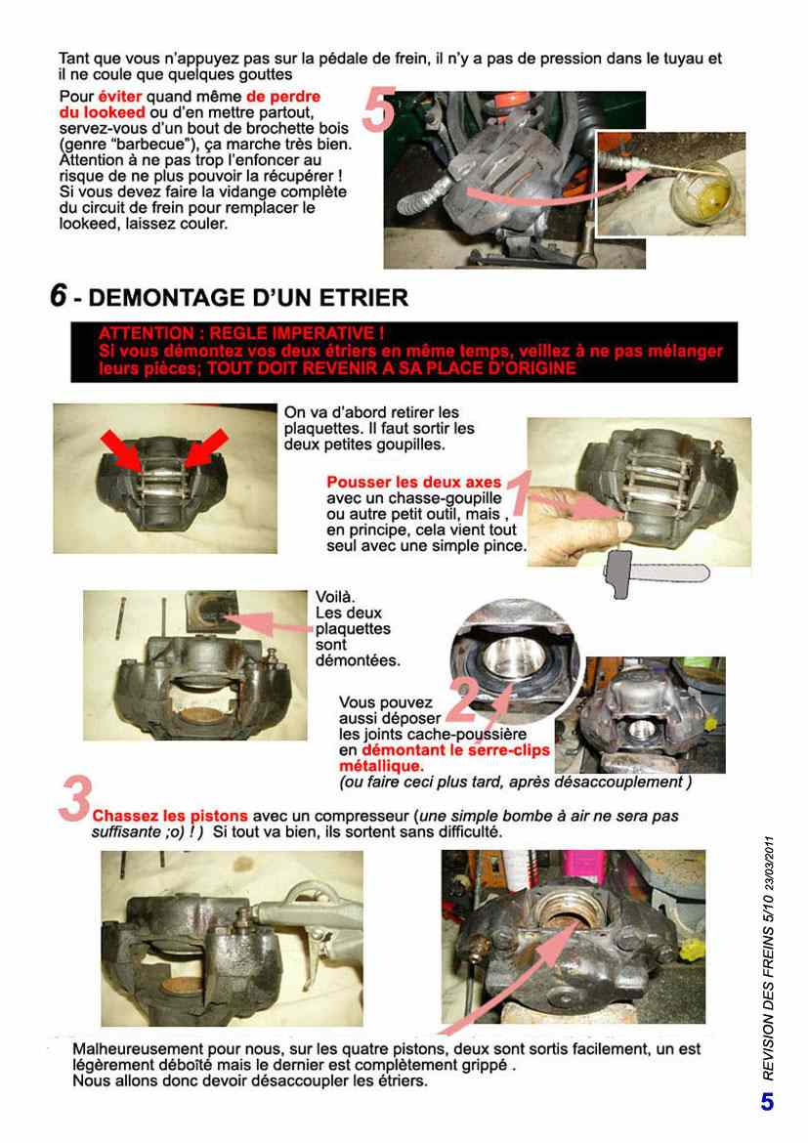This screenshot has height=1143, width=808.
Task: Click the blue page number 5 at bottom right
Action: (x=767, y=1101)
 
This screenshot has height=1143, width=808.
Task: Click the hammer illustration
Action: (x=657, y=574)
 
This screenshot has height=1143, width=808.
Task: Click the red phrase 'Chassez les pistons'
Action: (x=170, y=816)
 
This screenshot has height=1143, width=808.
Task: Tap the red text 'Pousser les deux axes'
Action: (x=414, y=482)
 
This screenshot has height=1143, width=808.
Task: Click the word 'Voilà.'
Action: (x=335, y=597)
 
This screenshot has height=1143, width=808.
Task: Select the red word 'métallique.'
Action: (x=381, y=766)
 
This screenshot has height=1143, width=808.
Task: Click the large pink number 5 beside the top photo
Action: (x=379, y=109)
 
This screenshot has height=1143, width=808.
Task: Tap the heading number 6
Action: (x=59, y=295)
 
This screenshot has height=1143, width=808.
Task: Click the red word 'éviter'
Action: (x=120, y=96)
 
